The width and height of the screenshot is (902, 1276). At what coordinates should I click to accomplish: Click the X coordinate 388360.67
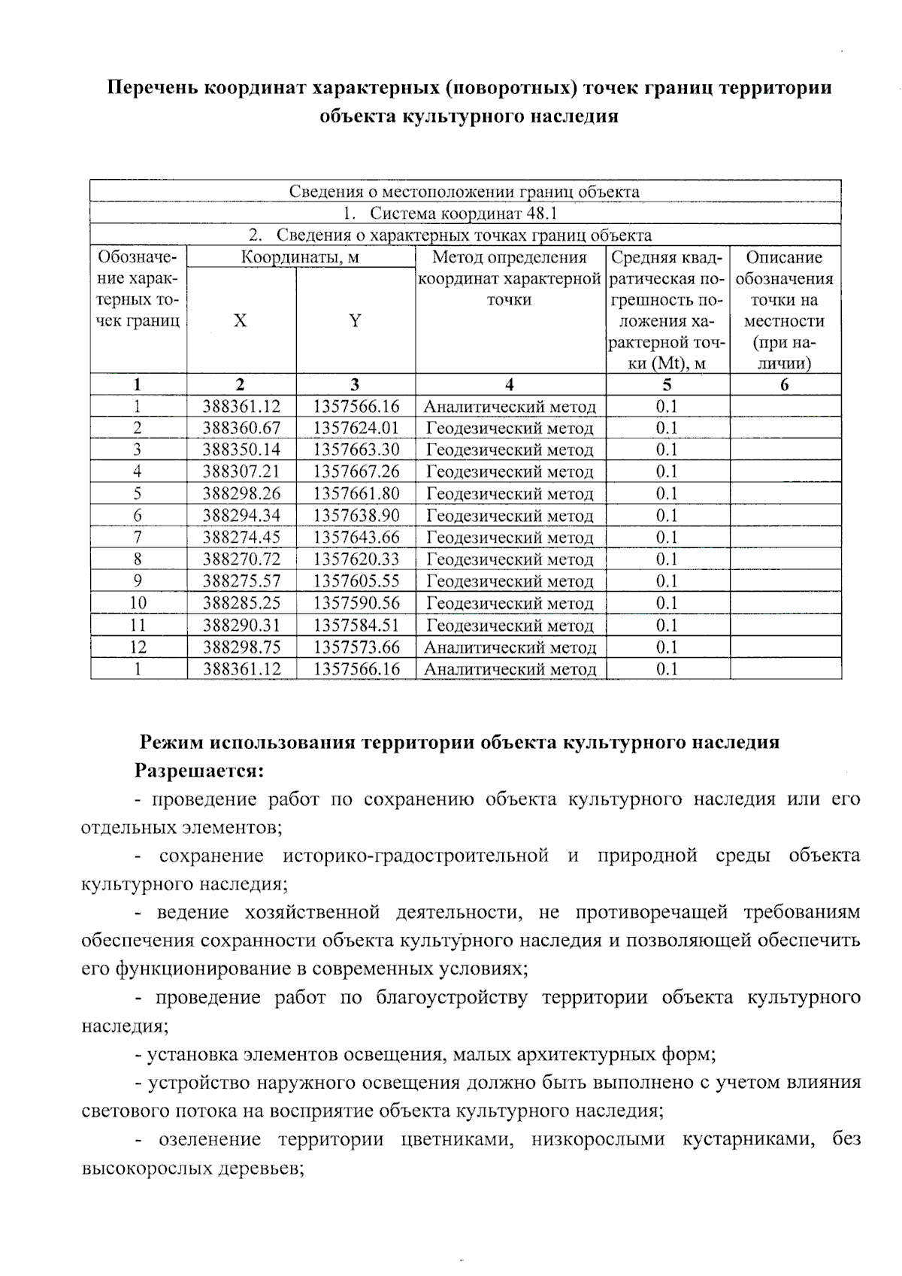[241, 429]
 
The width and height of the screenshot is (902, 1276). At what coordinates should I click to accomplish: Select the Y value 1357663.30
[356, 450]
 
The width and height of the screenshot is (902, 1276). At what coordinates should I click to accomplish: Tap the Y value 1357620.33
[356, 559]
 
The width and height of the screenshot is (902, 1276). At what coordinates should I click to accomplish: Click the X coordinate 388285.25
[241, 603]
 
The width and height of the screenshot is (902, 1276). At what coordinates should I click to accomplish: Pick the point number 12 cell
[138, 647]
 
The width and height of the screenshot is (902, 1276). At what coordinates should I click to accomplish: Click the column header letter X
[240, 321]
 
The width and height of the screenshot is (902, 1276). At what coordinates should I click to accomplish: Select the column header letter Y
[355, 321]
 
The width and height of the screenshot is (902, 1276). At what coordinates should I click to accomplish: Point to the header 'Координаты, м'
[300, 258]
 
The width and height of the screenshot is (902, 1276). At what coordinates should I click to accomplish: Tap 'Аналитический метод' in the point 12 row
[510, 648]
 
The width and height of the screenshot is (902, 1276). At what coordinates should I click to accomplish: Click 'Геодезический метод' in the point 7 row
[510, 538]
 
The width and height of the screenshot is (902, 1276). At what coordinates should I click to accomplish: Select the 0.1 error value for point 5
[667, 494]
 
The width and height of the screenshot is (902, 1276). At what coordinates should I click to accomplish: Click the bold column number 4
[510, 385]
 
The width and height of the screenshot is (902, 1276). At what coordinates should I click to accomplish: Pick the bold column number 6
[785, 385]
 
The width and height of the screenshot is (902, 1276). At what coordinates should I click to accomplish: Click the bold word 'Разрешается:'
[199, 771]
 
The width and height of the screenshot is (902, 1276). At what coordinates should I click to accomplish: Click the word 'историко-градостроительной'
[416, 856]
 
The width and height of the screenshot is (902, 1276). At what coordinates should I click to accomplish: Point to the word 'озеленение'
[210, 1139]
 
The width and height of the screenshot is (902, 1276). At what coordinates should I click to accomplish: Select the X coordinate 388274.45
[241, 538]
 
